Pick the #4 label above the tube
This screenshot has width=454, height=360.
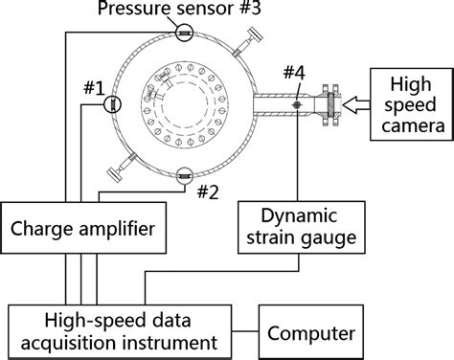[x=296, y=74]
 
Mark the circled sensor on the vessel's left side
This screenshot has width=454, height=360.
[x=112, y=105]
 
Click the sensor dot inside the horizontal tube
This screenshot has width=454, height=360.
[x=297, y=103]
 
